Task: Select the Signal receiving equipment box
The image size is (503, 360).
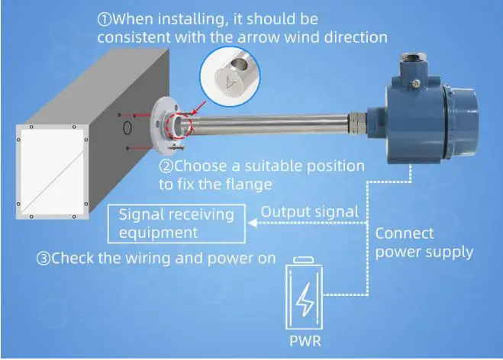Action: coord(177,223)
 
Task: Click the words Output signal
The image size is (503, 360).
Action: coord(310,212)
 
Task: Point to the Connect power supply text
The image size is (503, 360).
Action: coord(424,242)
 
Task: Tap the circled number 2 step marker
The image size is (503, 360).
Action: coord(166,166)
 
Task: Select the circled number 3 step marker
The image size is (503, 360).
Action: coord(44,259)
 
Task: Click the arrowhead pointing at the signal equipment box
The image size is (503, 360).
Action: coord(252,223)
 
